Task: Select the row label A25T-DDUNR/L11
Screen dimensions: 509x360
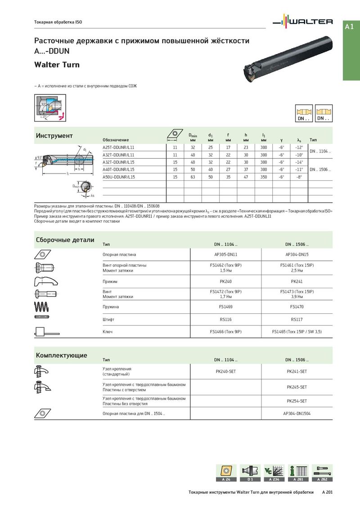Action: pyautogui.click(x=118, y=147)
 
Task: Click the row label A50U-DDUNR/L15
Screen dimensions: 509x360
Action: pyautogui.click(x=119, y=177)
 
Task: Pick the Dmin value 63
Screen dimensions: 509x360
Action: pyautogui.click(x=193, y=177)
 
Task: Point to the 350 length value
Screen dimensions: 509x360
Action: pyautogui.click(x=264, y=177)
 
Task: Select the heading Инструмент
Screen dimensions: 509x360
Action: pyautogui.click(x=54, y=136)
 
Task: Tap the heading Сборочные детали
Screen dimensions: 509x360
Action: pyautogui.click(x=65, y=240)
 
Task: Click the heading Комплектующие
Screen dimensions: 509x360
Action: pyautogui.click(x=62, y=355)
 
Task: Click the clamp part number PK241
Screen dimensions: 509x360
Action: pyautogui.click(x=297, y=281)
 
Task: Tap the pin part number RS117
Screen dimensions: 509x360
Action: pyautogui.click(x=297, y=319)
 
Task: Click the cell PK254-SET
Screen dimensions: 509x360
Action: pyautogui.click(x=297, y=401)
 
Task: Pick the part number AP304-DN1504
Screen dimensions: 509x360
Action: pyautogui.click(x=297, y=413)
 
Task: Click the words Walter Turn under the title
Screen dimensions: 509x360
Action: pyautogui.click(x=57, y=65)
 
